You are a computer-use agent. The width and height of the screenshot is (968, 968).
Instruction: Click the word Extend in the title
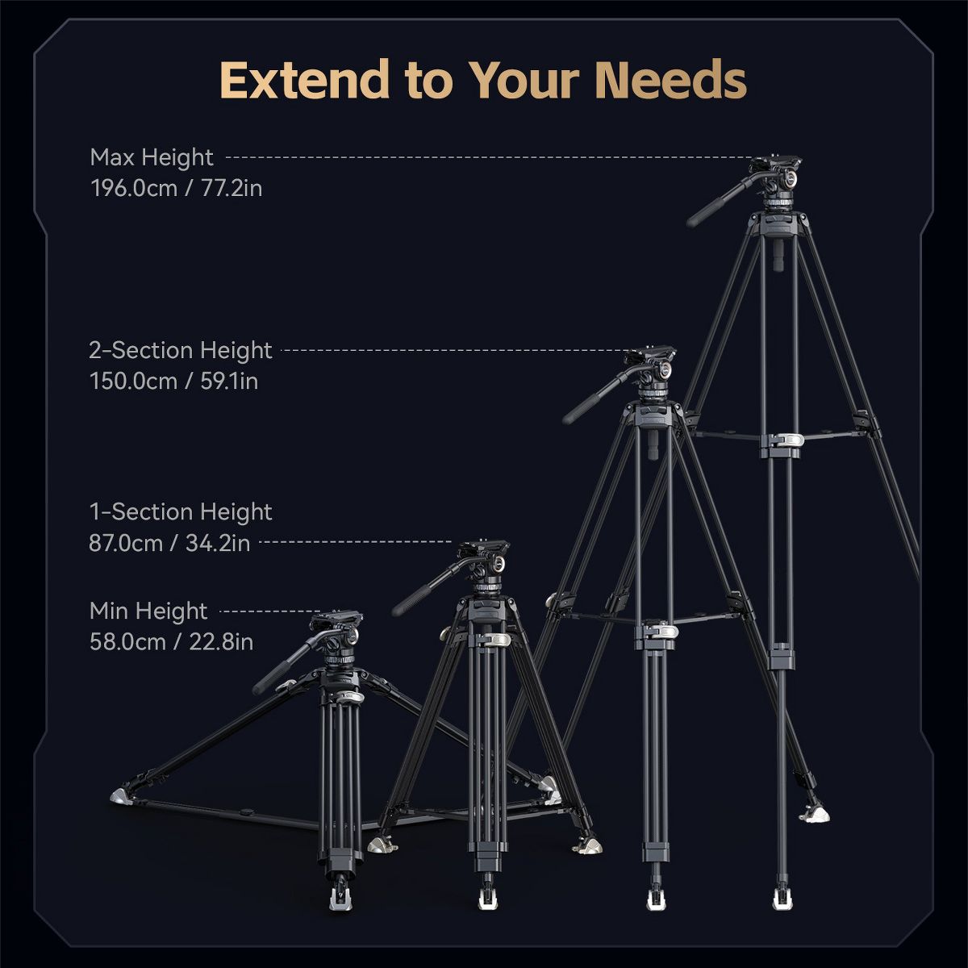tap(304, 80)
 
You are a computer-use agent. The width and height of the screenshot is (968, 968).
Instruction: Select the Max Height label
tap(152, 158)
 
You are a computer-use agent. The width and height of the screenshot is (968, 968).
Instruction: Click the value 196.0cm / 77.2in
tap(177, 189)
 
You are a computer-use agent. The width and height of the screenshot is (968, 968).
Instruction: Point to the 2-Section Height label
tap(181, 351)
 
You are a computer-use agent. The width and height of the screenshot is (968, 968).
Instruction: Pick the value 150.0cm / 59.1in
tap(173, 382)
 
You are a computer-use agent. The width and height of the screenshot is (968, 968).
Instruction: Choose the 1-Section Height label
tap(181, 512)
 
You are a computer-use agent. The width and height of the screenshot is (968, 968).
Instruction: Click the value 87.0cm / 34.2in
tap(169, 544)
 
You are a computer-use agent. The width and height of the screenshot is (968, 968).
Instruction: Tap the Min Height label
tap(148, 611)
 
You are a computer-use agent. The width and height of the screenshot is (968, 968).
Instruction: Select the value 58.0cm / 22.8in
tap(171, 642)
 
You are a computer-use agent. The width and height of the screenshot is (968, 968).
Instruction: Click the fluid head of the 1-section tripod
tap(483, 565)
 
